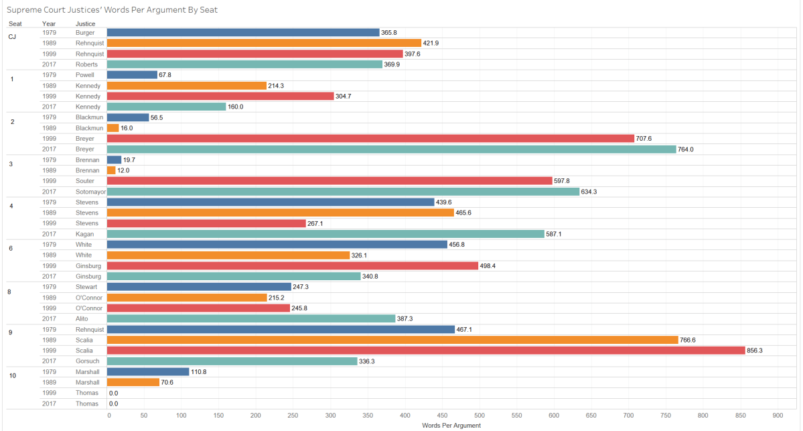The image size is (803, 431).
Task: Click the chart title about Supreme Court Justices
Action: pyautogui.click(x=112, y=10)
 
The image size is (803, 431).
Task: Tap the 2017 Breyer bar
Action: pyautogui.click(x=391, y=149)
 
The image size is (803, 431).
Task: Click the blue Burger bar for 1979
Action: pyautogui.click(x=243, y=32)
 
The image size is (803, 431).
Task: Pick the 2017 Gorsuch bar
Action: pyautogui.click(x=232, y=361)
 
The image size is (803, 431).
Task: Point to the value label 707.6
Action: pyautogui.click(x=645, y=139)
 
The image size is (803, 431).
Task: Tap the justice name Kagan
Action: pyautogui.click(x=84, y=234)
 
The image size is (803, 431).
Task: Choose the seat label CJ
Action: pyautogui.click(x=12, y=37)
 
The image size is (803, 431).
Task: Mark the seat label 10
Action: pyautogui.click(x=13, y=376)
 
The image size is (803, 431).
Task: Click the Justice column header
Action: pyautogui.click(x=85, y=23)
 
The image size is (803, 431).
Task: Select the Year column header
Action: pyautogui.click(x=48, y=23)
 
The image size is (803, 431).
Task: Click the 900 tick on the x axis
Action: pyautogui.click(x=778, y=416)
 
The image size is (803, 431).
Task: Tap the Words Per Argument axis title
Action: pyautogui.click(x=451, y=426)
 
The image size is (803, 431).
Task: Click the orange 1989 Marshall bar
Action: pyautogui.click(x=133, y=382)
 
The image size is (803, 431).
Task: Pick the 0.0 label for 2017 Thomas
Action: pyautogui.click(x=113, y=404)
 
